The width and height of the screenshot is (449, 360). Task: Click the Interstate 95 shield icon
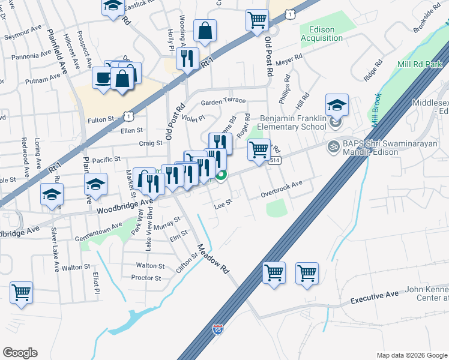click(x=218, y=329)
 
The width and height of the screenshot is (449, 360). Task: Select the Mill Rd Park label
click(x=420, y=64)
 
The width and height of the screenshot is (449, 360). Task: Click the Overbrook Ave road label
click(x=282, y=191)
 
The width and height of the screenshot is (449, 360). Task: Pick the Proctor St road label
click(x=146, y=278)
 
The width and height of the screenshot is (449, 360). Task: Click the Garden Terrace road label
click(x=223, y=101)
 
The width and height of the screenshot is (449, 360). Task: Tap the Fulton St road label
click(x=101, y=120)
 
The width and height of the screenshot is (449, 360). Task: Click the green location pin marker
click(x=222, y=175)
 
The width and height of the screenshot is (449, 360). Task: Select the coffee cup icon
click(x=102, y=77)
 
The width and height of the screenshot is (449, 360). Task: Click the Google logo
click(x=20, y=353)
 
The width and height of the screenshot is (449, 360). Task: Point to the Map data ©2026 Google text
click(x=411, y=355)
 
